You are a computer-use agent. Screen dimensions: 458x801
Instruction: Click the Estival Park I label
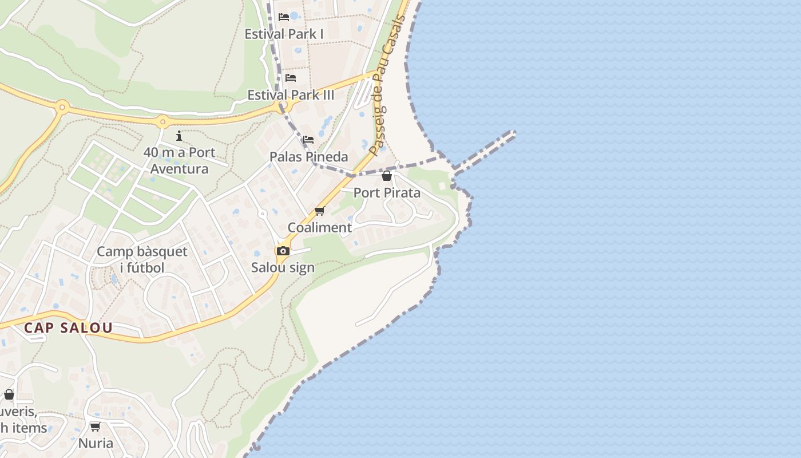click(284, 34)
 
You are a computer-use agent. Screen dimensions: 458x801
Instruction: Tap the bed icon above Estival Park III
click(291, 78)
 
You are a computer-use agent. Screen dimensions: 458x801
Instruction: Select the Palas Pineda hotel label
click(308, 156)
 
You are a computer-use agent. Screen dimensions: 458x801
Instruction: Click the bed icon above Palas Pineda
click(308, 139)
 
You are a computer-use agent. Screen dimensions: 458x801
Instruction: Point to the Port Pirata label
click(387, 192)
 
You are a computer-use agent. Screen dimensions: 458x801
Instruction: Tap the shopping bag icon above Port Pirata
click(387, 176)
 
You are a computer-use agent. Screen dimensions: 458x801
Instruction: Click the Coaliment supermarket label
click(319, 227)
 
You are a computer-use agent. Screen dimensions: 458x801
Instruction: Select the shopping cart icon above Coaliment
click(319, 211)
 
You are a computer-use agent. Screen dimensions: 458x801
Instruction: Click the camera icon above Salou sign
click(283, 251)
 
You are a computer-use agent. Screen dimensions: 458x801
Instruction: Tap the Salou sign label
click(283, 267)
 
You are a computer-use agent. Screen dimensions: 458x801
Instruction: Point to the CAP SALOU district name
click(68, 328)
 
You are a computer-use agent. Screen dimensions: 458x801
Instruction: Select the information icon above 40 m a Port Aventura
click(179, 136)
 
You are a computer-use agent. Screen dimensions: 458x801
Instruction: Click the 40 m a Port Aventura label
click(179, 160)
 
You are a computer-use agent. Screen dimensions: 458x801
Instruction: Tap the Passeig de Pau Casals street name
click(387, 86)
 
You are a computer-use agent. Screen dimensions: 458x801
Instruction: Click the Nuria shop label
click(96, 443)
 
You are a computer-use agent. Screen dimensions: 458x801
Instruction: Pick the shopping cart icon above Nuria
click(96, 427)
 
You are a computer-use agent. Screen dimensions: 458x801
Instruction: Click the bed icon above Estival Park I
click(284, 17)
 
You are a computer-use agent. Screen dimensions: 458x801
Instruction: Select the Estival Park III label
click(291, 95)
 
